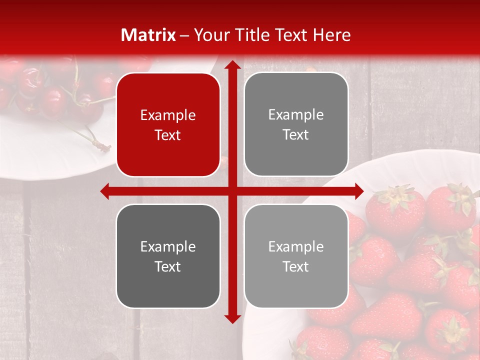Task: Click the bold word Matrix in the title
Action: click(x=148, y=35)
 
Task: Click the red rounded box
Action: click(x=168, y=125)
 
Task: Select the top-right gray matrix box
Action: click(x=296, y=124)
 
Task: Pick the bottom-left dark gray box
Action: click(x=168, y=256)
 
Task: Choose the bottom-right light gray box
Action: click(x=296, y=256)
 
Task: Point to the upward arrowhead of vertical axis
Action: click(x=232, y=65)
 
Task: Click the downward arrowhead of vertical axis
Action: click(x=232, y=318)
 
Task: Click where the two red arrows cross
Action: click(x=232, y=191)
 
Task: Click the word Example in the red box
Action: click(x=168, y=115)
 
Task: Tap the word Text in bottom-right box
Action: click(x=296, y=266)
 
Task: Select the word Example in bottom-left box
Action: click(x=168, y=246)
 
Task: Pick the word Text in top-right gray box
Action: click(x=296, y=135)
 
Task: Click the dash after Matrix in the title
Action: click(x=184, y=35)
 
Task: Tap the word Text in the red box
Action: click(x=168, y=135)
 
